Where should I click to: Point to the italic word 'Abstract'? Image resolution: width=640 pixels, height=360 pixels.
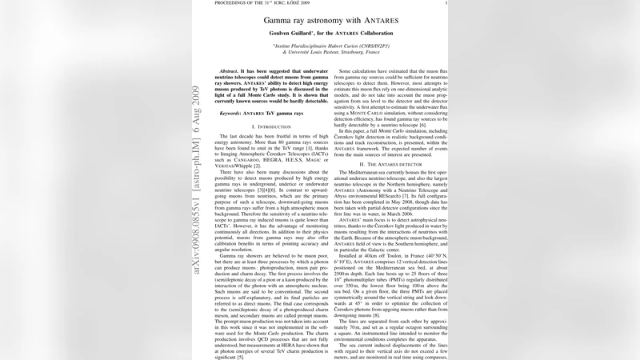point(231,70)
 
